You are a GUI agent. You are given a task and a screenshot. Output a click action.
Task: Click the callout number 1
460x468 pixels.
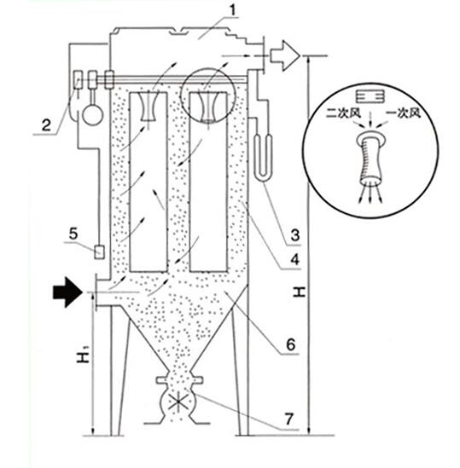click(x=232, y=11)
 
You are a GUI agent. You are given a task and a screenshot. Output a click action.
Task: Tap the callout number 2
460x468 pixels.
click(x=46, y=125)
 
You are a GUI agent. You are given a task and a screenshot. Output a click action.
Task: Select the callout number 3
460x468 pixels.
click(x=295, y=235)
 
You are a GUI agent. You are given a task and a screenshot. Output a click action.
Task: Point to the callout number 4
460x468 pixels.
click(x=295, y=260)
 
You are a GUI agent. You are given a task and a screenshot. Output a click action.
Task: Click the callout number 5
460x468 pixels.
click(x=73, y=233)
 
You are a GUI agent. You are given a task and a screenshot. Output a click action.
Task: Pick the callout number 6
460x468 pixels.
click(x=291, y=344)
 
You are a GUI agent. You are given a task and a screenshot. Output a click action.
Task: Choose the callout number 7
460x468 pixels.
click(x=288, y=419)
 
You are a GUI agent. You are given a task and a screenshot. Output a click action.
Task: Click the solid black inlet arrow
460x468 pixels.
click(x=67, y=292)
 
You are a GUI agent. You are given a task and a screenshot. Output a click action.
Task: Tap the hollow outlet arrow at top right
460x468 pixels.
click(x=284, y=55)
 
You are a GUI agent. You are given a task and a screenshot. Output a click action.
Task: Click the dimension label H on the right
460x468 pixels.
click(x=300, y=292)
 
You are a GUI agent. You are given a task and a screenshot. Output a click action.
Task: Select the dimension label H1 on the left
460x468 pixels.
click(x=84, y=355)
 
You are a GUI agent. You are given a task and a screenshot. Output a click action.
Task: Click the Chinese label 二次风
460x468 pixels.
click(x=343, y=113)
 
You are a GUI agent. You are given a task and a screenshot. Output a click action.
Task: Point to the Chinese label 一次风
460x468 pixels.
click(x=404, y=113)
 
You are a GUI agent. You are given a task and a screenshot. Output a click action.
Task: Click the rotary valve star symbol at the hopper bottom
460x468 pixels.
click(x=178, y=402)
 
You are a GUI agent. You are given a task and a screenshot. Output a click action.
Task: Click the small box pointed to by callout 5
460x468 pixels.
click(x=99, y=252)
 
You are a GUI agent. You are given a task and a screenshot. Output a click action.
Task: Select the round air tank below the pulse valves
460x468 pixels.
click(x=93, y=114)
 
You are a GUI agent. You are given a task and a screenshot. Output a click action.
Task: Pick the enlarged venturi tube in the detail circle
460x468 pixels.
click(x=370, y=158)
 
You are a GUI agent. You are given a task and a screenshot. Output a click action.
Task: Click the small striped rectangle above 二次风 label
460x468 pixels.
click(x=370, y=96)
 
